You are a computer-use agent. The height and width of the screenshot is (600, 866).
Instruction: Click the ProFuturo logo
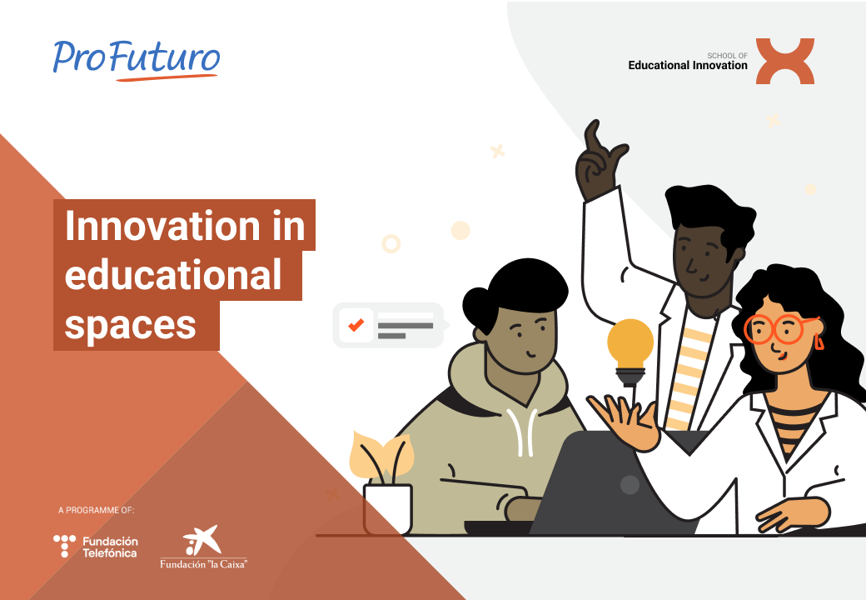tap(137, 60)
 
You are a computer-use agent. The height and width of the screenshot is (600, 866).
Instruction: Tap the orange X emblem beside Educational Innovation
tap(784, 61)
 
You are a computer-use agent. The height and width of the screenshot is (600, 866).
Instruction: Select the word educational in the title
tap(173, 275)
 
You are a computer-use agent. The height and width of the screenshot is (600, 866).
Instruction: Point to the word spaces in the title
tap(131, 326)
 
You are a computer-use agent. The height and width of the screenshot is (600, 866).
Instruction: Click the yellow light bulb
tap(630, 352)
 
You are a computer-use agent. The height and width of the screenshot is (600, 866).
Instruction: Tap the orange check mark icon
tap(356, 325)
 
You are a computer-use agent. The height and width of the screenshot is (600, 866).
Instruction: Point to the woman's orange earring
tap(819, 342)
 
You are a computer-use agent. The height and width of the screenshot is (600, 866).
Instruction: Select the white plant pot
tap(388, 509)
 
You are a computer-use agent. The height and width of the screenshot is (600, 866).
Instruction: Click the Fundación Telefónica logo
tap(96, 547)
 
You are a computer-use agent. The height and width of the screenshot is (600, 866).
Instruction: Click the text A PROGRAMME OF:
tap(96, 510)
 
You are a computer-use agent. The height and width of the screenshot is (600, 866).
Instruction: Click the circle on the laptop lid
tap(630, 484)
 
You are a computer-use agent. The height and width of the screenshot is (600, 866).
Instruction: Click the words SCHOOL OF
tap(728, 56)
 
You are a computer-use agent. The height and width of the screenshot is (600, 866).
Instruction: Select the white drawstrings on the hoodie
tap(522, 432)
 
